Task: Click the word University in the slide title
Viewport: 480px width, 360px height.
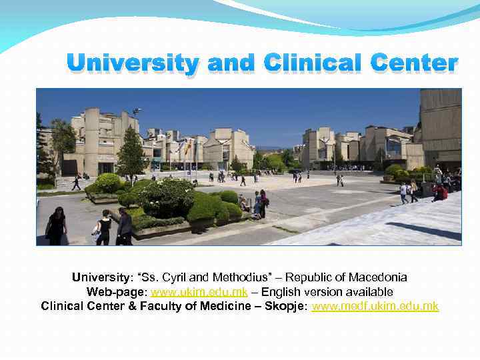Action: (133, 64)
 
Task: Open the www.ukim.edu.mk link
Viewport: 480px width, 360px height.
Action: (199, 292)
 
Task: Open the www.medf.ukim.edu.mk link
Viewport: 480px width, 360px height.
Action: (375, 306)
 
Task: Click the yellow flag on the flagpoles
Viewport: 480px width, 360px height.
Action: (189, 147)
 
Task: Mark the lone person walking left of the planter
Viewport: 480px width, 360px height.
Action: (77, 182)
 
